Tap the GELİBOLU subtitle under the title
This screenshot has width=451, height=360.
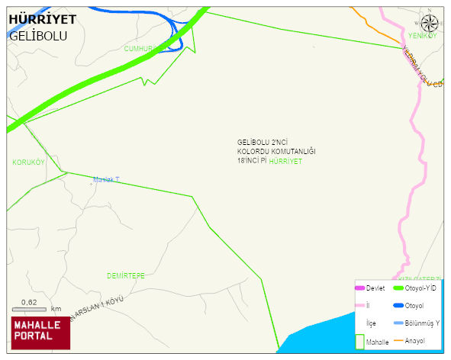click(x=38, y=36)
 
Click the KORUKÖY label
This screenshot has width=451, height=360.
click(x=29, y=162)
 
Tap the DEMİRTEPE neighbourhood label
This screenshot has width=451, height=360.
click(x=126, y=275)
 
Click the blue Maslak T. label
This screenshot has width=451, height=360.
click(x=106, y=180)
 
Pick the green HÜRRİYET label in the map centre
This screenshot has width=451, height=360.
click(x=286, y=162)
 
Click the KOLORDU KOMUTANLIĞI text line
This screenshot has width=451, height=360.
click(x=276, y=152)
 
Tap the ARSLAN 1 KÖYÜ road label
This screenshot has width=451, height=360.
click(x=96, y=309)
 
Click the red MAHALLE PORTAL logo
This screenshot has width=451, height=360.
click(x=37, y=331)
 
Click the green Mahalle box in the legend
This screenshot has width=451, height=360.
click(x=360, y=341)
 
